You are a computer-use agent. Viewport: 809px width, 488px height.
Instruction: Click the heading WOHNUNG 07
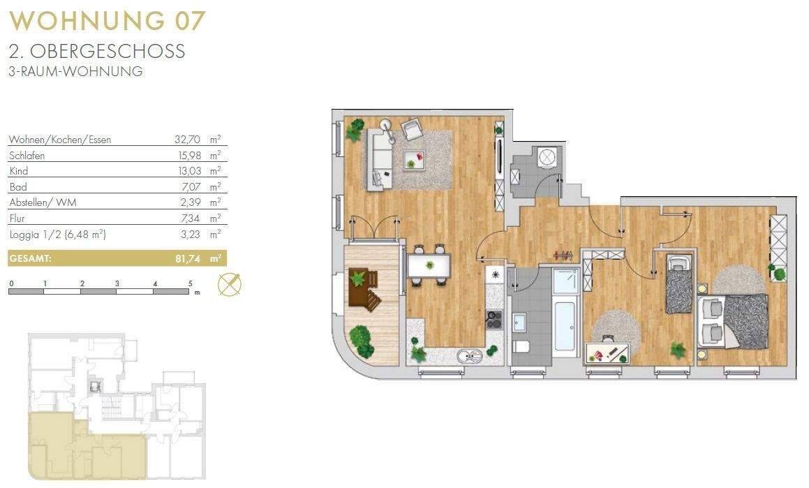[107, 21]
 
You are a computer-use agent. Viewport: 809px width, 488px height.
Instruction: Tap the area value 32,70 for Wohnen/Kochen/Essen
[187, 140]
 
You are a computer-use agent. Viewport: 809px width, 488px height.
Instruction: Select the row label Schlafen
[27, 155]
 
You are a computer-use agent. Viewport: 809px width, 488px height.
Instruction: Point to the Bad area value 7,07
[191, 186]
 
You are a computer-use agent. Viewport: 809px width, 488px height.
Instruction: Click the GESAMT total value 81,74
[188, 258]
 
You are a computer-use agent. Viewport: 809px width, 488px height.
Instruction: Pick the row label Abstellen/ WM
[43, 202]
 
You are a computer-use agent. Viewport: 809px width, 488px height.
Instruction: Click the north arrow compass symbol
[230, 284]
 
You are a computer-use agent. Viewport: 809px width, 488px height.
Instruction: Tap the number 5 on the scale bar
[191, 283]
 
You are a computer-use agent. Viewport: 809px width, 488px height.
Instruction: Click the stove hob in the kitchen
[494, 319]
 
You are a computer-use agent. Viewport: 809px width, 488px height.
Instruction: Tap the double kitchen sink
[470, 355]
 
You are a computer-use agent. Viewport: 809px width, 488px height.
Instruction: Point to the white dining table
[429, 265]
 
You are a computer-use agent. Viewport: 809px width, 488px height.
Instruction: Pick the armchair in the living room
[413, 129]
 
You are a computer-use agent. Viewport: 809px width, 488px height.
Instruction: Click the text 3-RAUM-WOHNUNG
[76, 72]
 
